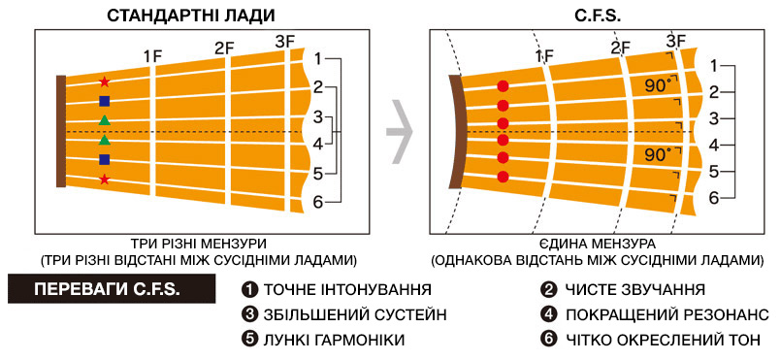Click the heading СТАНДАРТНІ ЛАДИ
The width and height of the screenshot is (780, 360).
[191, 15]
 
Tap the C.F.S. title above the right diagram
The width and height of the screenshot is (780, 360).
[597, 15]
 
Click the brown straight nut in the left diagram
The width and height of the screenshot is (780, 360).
[61, 131]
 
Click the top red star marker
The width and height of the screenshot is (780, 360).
[104, 82]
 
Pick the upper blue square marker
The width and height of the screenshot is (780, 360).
[104, 102]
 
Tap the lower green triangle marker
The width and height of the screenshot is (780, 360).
[104, 139]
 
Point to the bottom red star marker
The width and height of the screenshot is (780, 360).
[104, 179]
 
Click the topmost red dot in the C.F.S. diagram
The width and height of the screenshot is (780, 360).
[503, 86]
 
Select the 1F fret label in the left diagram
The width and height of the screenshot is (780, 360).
[152, 57]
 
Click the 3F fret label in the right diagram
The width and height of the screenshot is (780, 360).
[676, 41]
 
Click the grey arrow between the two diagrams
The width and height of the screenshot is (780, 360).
[401, 132]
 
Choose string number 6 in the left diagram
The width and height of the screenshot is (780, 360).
[319, 202]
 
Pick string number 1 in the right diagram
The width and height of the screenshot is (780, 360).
[714, 66]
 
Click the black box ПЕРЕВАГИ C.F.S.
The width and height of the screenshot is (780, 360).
[112, 289]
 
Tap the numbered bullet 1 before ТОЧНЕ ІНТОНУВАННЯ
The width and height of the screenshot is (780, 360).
[247, 289]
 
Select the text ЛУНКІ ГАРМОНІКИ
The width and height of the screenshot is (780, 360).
[335, 340]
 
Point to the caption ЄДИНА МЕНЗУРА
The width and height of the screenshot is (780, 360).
[597, 245]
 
